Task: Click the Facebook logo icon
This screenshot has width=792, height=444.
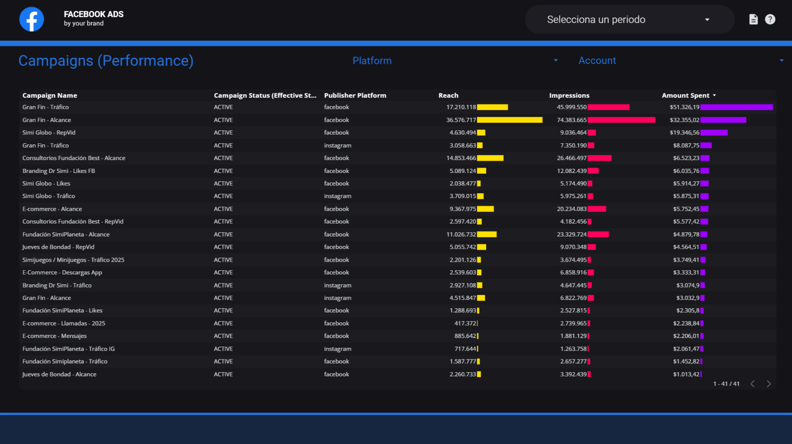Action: tap(32, 19)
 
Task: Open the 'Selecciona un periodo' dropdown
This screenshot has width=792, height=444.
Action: tap(629, 19)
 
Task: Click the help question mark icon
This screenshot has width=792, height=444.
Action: tap(770, 19)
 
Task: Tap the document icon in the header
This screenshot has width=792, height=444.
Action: tap(753, 19)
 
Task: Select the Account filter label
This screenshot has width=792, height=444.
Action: tap(597, 61)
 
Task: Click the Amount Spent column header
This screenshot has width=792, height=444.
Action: tap(686, 95)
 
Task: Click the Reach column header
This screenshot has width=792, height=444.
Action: tap(448, 95)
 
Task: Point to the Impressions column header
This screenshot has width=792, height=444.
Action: tap(569, 95)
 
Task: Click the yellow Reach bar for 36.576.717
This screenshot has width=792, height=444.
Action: tap(509, 120)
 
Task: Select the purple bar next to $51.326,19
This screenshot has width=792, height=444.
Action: tap(736, 107)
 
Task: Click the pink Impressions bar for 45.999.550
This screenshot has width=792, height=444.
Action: tap(608, 107)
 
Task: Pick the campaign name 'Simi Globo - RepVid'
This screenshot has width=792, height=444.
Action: tap(49, 132)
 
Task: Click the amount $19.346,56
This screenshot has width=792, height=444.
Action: tap(684, 132)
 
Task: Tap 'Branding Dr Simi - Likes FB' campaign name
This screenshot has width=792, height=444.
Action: tap(59, 171)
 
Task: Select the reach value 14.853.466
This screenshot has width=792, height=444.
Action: tap(461, 158)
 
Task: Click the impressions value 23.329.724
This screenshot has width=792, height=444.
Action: tap(571, 234)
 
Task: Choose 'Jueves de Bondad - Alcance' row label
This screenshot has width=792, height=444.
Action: tap(59, 374)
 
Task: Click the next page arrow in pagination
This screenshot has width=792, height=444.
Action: tap(768, 384)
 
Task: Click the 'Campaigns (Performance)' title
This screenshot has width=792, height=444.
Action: tap(106, 61)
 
